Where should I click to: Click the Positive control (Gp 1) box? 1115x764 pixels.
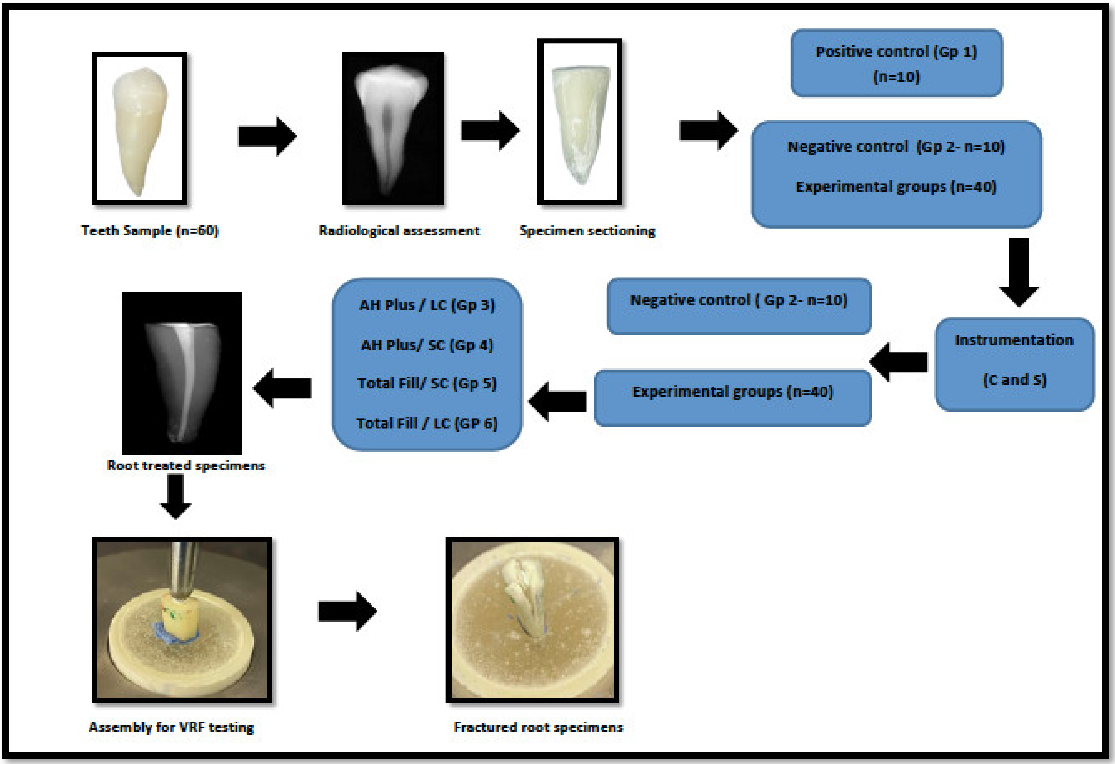(896, 63)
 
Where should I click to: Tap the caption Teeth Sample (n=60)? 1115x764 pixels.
(150, 231)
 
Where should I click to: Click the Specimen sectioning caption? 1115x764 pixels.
(587, 231)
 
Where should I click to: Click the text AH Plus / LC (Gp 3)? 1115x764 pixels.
(427, 305)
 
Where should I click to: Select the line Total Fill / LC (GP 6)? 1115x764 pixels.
(427, 423)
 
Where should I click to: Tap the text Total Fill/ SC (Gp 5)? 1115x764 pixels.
(427, 383)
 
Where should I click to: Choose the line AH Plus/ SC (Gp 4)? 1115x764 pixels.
(427, 345)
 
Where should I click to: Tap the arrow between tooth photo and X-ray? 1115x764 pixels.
(267, 136)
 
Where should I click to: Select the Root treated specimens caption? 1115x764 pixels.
(186, 465)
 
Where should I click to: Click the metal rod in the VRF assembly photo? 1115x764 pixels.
(184, 571)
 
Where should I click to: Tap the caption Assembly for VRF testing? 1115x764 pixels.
(171, 727)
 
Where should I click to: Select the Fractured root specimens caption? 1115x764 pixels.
(538, 727)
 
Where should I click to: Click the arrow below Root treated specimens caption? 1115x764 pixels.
(176, 496)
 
